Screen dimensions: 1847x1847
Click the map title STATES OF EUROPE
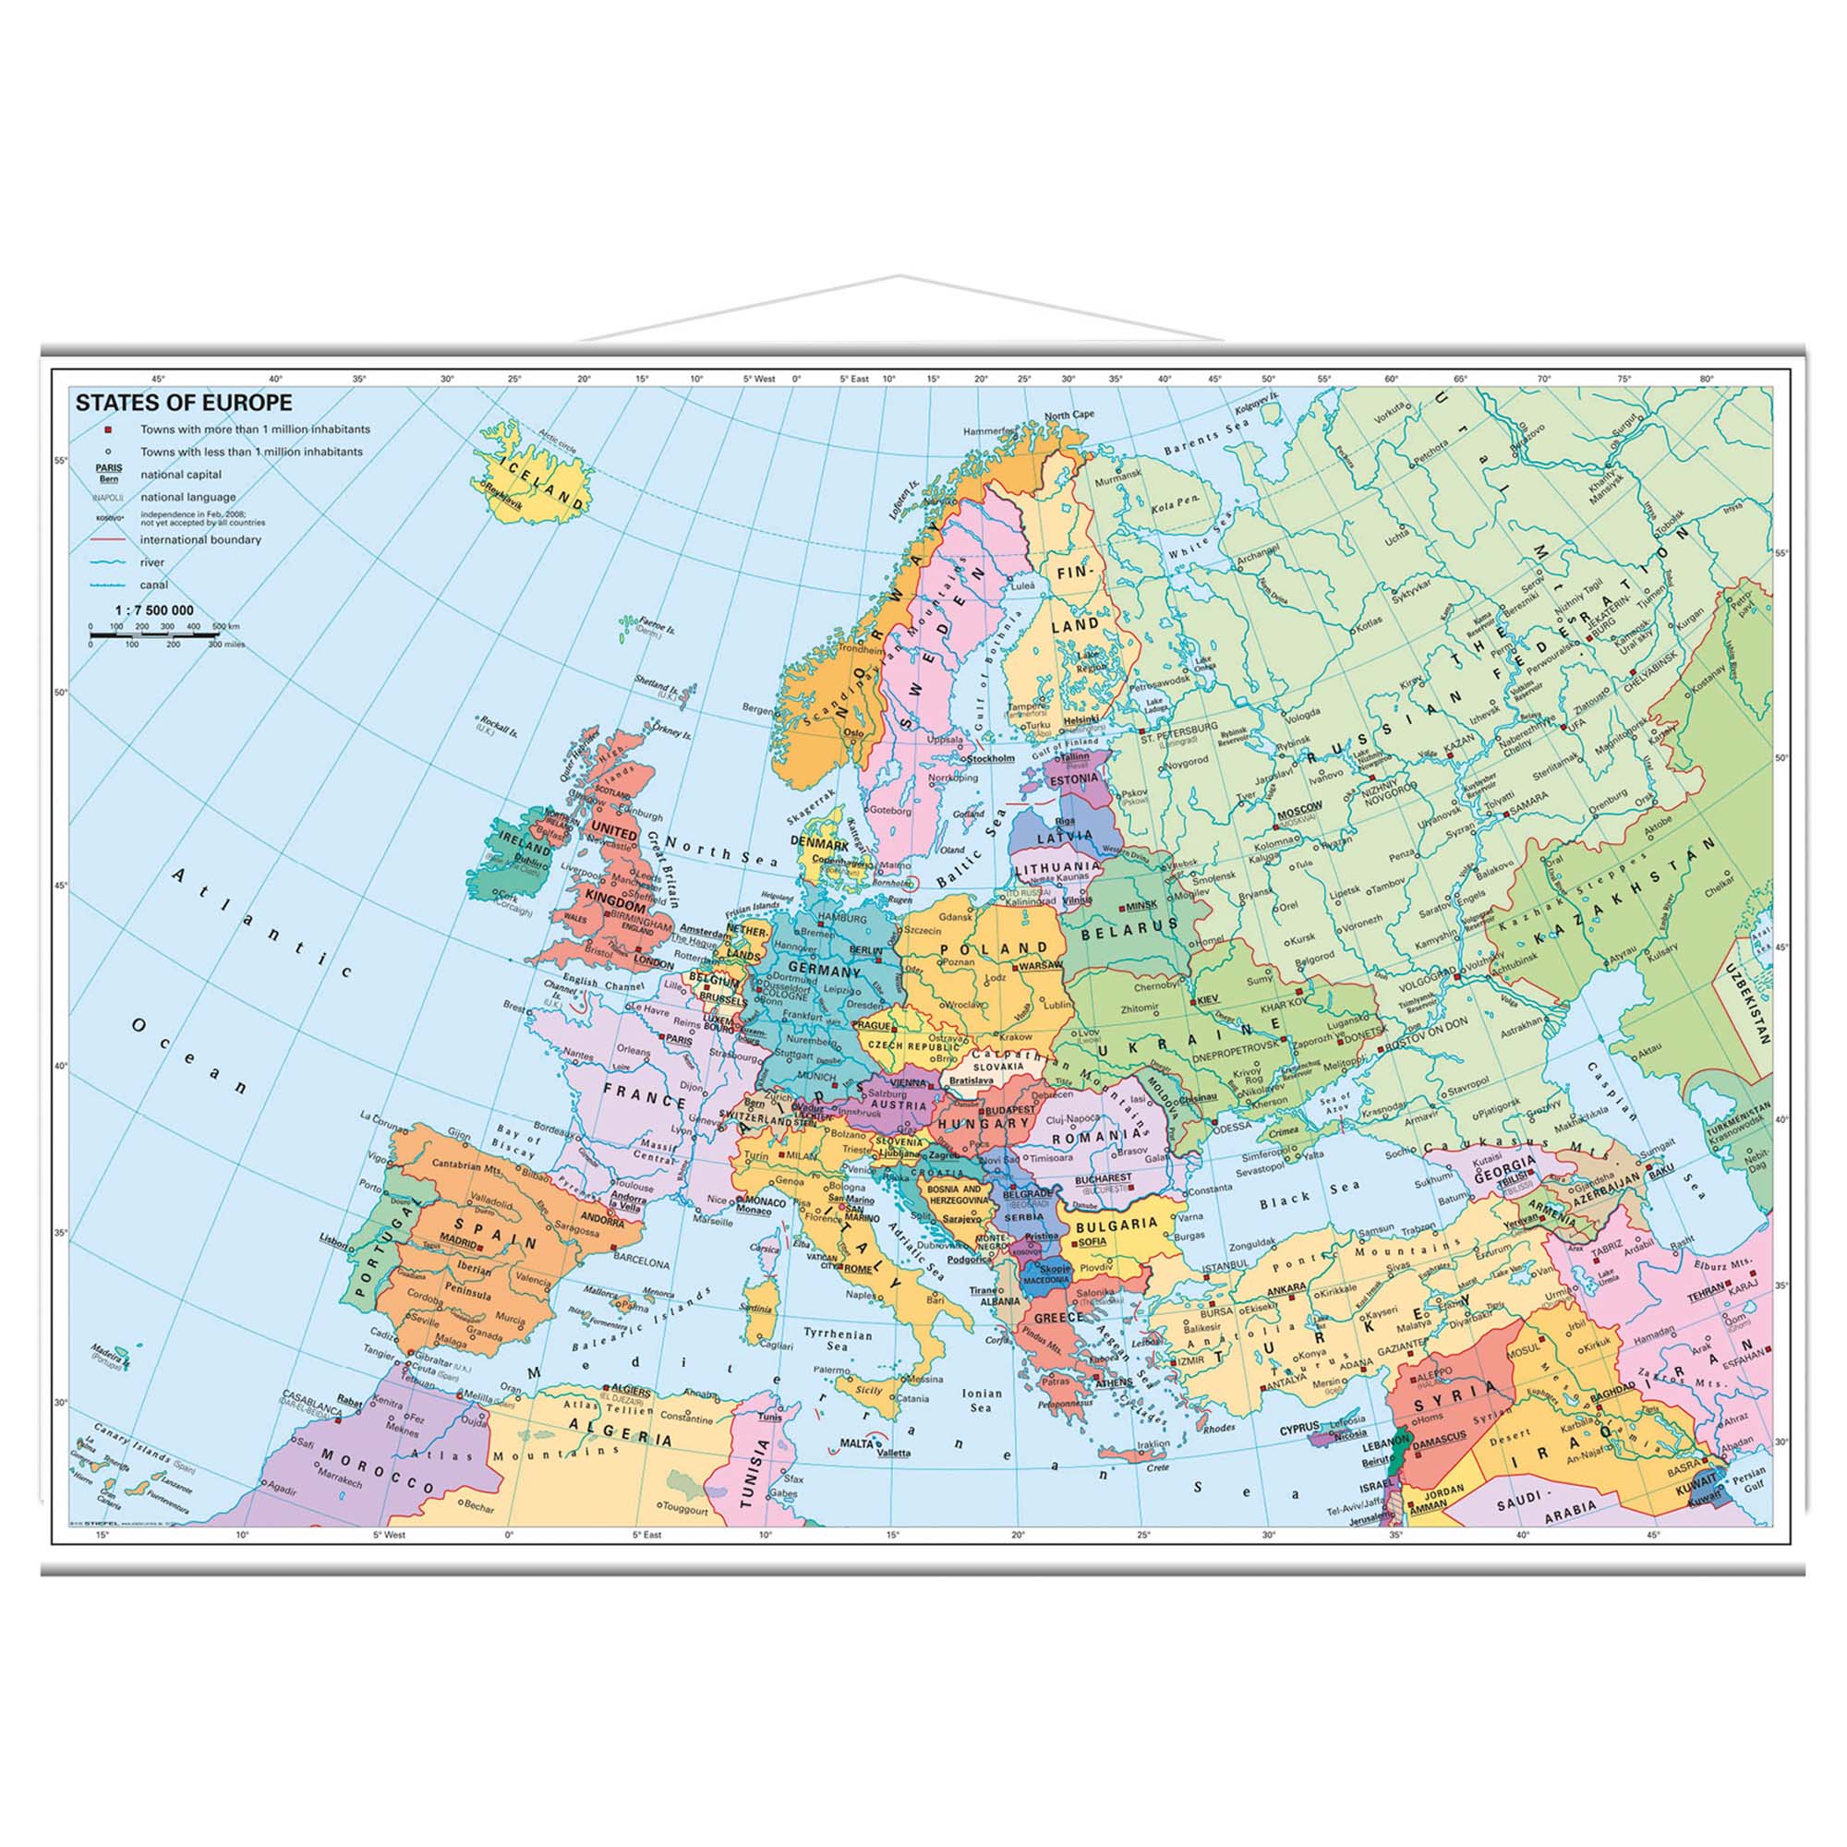tap(184, 403)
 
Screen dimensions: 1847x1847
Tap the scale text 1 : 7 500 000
tap(154, 610)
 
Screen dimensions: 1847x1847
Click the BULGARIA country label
tap(1117, 1224)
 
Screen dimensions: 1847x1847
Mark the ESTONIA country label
tap(1074, 779)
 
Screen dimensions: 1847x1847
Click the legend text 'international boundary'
tap(200, 539)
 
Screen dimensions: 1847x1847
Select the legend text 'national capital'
tap(181, 474)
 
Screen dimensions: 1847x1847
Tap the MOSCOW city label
tap(1299, 807)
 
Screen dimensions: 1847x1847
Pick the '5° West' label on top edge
tap(759, 380)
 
